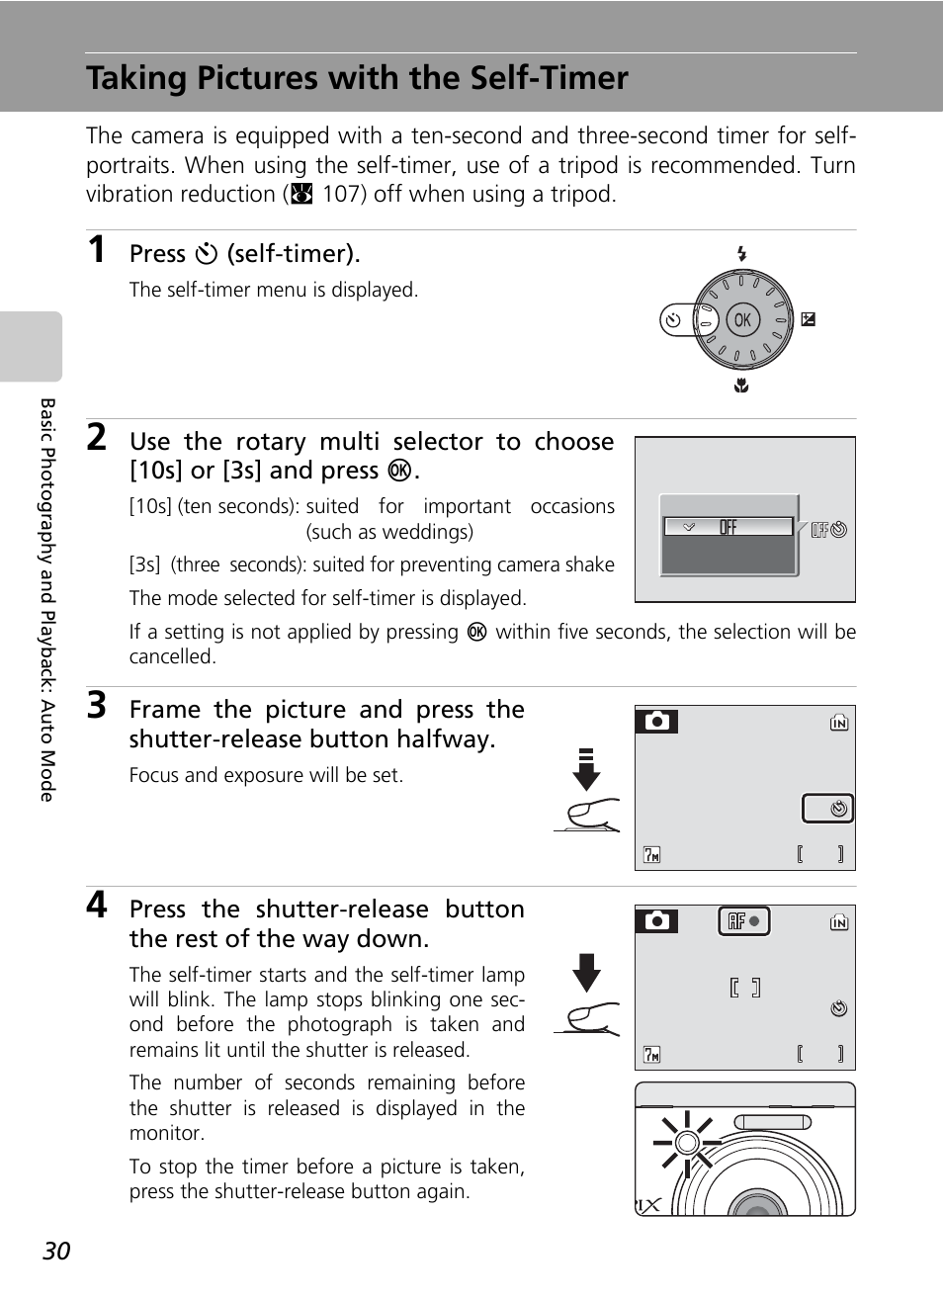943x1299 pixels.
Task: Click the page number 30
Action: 56,1251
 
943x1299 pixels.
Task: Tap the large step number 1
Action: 96,250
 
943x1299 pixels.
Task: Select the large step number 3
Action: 96,706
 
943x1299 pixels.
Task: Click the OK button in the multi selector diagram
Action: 742,319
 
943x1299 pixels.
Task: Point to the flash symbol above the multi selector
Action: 741,254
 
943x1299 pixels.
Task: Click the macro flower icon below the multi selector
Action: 741,386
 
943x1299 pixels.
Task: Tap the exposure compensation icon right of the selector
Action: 809,319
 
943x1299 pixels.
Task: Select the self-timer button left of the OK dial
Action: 673,319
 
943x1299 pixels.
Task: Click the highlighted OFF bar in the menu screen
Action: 729,527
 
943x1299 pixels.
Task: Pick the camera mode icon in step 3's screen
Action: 656,722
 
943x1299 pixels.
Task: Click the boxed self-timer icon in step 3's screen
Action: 828,809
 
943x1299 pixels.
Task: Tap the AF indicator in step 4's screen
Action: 743,921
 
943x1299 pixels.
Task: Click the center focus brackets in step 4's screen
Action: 744,987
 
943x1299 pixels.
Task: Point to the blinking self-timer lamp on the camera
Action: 686,1143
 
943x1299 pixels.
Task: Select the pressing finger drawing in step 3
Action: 590,816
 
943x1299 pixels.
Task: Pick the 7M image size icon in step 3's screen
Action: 651,854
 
